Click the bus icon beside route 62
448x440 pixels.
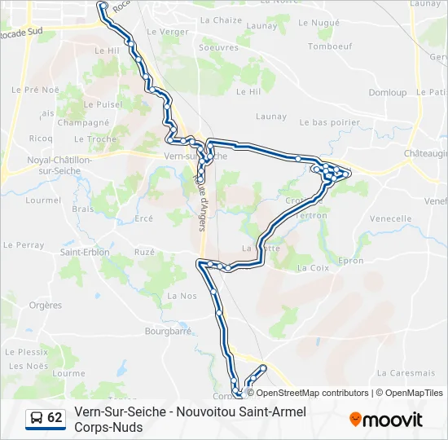pos(37,419)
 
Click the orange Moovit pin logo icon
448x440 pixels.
pos(355,420)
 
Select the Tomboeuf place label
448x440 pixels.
pos(329,46)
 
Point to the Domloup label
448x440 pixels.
pos(387,93)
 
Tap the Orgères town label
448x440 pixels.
pos(45,306)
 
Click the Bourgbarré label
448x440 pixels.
pos(168,332)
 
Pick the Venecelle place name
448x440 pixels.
pos(390,218)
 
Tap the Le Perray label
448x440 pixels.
pos(24,244)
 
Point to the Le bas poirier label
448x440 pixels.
pos(329,122)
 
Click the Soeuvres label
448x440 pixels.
pos(218,48)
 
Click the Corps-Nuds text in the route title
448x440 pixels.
pos(108,427)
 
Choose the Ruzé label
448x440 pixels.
pos(144,253)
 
